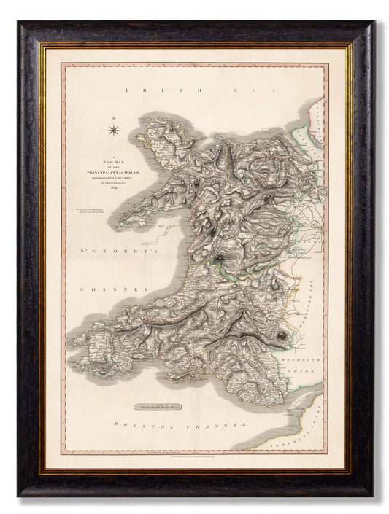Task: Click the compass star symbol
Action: click(115, 131)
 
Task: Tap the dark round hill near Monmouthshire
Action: click(281, 335)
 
